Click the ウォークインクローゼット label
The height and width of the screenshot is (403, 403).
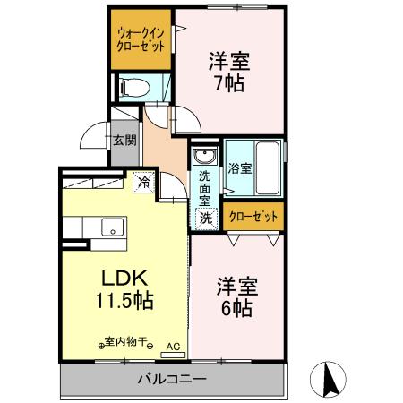click(x=141, y=40)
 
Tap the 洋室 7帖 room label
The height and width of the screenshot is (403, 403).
click(x=229, y=73)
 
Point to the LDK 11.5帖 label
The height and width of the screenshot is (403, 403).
click(x=123, y=287)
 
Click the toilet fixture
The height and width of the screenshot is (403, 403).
click(x=134, y=87)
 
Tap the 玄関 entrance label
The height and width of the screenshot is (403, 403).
click(x=124, y=141)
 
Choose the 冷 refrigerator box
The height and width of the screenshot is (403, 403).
click(x=143, y=182)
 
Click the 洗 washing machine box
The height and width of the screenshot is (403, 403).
click(x=204, y=218)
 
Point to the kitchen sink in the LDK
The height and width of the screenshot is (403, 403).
click(x=111, y=226)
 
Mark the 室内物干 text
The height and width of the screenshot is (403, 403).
click(x=126, y=343)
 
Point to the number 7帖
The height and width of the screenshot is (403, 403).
click(x=229, y=84)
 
